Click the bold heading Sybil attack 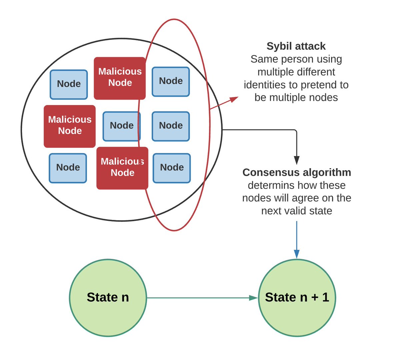click(x=296, y=46)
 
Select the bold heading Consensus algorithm click(x=297, y=172)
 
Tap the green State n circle click(x=108, y=298)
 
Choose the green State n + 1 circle click(x=297, y=298)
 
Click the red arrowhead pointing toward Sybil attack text click(x=234, y=99)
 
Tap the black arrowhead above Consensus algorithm click(x=297, y=160)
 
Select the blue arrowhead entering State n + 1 click(x=297, y=254)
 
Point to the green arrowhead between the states click(x=253, y=298)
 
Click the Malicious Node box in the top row click(x=120, y=78)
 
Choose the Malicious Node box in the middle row click(x=70, y=126)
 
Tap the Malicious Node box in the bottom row click(x=122, y=168)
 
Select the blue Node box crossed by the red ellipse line click(x=122, y=126)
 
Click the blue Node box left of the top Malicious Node click(x=69, y=84)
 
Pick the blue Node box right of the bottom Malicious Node click(x=172, y=168)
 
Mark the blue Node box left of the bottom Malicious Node click(x=68, y=168)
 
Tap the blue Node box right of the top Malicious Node click(x=171, y=82)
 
